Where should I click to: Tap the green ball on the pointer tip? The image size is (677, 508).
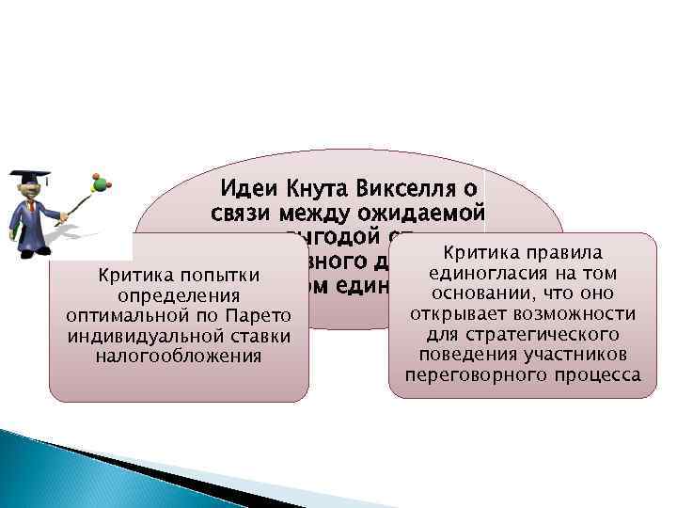pyautogui.click(x=94, y=177)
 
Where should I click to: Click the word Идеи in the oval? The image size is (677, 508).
pyautogui.click(x=245, y=188)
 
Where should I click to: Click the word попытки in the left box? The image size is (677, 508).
pyautogui.click(x=222, y=275)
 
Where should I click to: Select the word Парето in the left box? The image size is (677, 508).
pyautogui.click(x=264, y=315)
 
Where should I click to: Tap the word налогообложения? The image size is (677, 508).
pyautogui.click(x=179, y=356)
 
